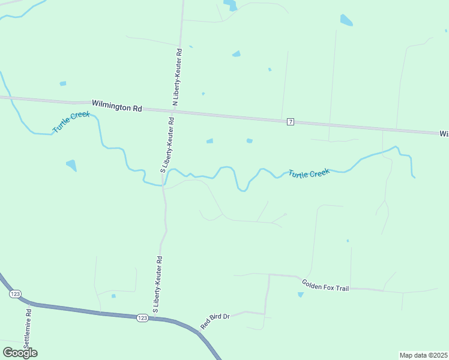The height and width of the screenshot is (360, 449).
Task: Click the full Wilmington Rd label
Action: click(x=117, y=107)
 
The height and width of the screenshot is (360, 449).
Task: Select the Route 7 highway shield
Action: click(x=291, y=122)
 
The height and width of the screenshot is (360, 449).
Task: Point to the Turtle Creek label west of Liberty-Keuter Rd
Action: click(x=71, y=122)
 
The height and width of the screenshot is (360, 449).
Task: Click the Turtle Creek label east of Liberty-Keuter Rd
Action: click(x=309, y=173)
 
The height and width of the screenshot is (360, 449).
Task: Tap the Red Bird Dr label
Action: click(x=215, y=320)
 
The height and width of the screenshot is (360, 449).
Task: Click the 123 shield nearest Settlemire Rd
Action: click(x=16, y=294)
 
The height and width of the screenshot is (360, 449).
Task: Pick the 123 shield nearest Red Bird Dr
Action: click(x=141, y=317)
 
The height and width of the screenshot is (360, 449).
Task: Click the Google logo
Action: click(x=20, y=353)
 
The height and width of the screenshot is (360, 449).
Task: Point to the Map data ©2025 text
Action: click(x=423, y=355)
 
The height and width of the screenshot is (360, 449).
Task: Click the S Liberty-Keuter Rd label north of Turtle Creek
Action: click(x=167, y=145)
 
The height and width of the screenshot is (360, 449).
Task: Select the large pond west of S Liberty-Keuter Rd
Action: click(x=71, y=165)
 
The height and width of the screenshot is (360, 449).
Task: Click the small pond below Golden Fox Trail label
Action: click(x=301, y=295)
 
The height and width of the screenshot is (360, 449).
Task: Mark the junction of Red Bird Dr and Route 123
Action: click(x=199, y=330)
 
